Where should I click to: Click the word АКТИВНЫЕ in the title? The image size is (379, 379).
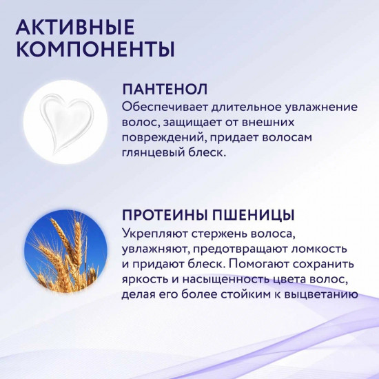(74, 28)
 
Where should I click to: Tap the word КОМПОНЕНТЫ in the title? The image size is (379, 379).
(94, 50)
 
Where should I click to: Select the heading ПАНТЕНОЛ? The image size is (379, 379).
(165, 90)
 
